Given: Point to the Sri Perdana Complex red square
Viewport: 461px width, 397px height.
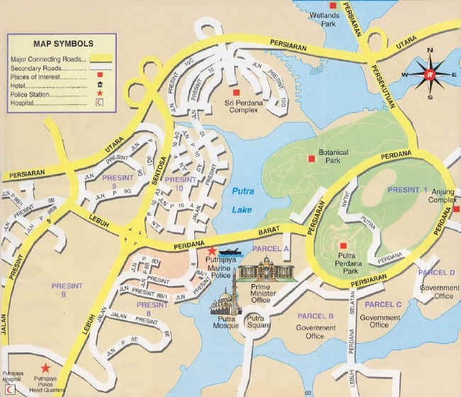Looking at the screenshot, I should click(238, 93).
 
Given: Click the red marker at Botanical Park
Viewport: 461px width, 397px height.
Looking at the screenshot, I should click(310, 158).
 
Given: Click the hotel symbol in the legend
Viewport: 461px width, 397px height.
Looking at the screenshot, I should click(99, 84).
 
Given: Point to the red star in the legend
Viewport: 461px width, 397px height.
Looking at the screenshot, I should click(99, 94).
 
